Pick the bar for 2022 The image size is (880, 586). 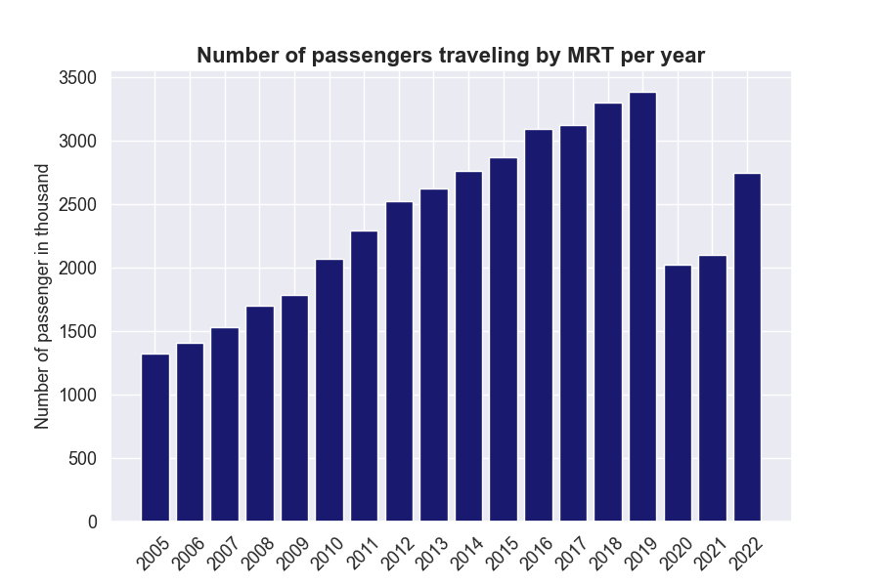click(x=747, y=348)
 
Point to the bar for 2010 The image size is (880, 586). click(x=330, y=391)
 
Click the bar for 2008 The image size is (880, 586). click(x=260, y=414)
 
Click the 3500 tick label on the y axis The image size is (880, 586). click(x=78, y=78)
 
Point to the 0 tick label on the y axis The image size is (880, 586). click(x=93, y=523)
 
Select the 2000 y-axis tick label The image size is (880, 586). click(x=78, y=269)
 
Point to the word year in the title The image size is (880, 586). click(x=682, y=56)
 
